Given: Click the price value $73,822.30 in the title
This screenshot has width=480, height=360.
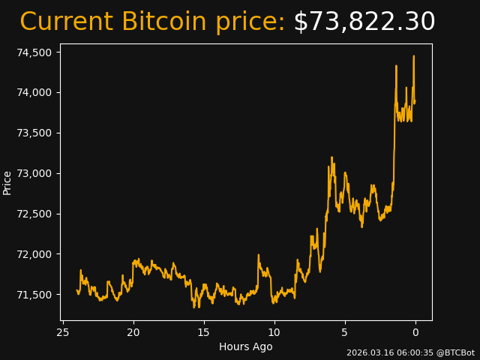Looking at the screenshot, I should (364, 22).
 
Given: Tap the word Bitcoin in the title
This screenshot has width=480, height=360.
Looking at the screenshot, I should (163, 22).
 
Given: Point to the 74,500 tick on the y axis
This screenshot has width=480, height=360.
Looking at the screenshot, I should (35, 52).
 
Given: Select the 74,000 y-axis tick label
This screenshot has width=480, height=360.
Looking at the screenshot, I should (35, 93).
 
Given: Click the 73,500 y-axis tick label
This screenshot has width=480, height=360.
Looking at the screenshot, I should (35, 133).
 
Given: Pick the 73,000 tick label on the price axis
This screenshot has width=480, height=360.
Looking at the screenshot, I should (35, 173).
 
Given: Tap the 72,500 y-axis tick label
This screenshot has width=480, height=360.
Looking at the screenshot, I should (35, 214).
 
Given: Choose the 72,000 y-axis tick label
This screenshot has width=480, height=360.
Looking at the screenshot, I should (35, 254).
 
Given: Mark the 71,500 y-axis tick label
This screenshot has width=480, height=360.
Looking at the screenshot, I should (35, 295).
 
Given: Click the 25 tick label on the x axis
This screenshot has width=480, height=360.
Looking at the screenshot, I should (63, 332).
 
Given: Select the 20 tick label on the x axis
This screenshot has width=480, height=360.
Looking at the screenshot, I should (133, 332).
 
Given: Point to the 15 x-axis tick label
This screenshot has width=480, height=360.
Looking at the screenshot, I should (204, 332).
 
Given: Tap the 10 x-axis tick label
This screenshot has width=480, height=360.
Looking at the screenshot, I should (274, 332).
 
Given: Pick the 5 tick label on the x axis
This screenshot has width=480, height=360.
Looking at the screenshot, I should (345, 332).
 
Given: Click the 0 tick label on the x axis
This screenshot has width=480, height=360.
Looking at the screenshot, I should (415, 332).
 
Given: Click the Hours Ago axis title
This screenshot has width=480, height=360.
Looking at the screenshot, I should (245, 346).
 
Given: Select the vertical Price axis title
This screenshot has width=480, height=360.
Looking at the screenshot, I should (7, 182).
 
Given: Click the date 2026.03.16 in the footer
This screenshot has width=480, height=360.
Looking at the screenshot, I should (367, 352).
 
